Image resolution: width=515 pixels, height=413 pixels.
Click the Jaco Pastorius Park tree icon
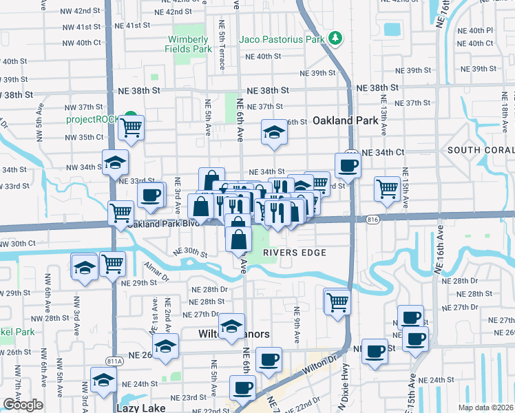click(x=335, y=38)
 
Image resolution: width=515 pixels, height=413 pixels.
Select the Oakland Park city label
click(x=346, y=120)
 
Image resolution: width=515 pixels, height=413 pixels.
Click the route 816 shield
click(x=373, y=219)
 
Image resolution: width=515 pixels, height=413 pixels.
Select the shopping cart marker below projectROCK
click(x=131, y=127)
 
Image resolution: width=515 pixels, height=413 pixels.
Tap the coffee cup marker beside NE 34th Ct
click(x=348, y=165)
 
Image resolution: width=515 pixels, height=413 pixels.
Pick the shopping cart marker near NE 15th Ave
click(x=388, y=187)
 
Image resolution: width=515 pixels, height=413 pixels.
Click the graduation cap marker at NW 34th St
click(x=115, y=162)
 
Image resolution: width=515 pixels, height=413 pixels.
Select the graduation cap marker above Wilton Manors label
click(x=231, y=324)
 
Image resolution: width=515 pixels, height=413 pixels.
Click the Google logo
click(x=23, y=405)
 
